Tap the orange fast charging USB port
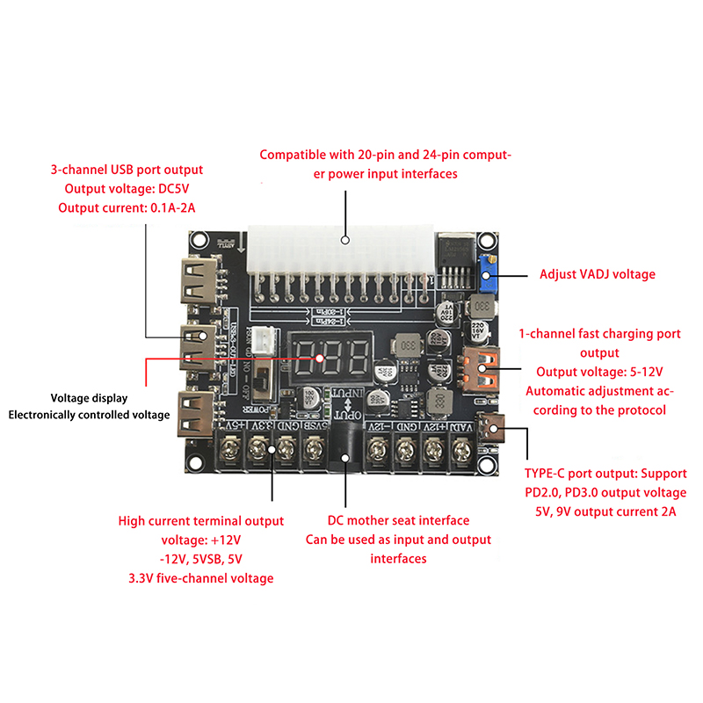(x=479, y=370)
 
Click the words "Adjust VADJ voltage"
(x=598, y=274)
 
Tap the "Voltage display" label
(x=89, y=397)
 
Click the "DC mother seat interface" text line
(x=398, y=520)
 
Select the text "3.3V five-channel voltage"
(x=201, y=578)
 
